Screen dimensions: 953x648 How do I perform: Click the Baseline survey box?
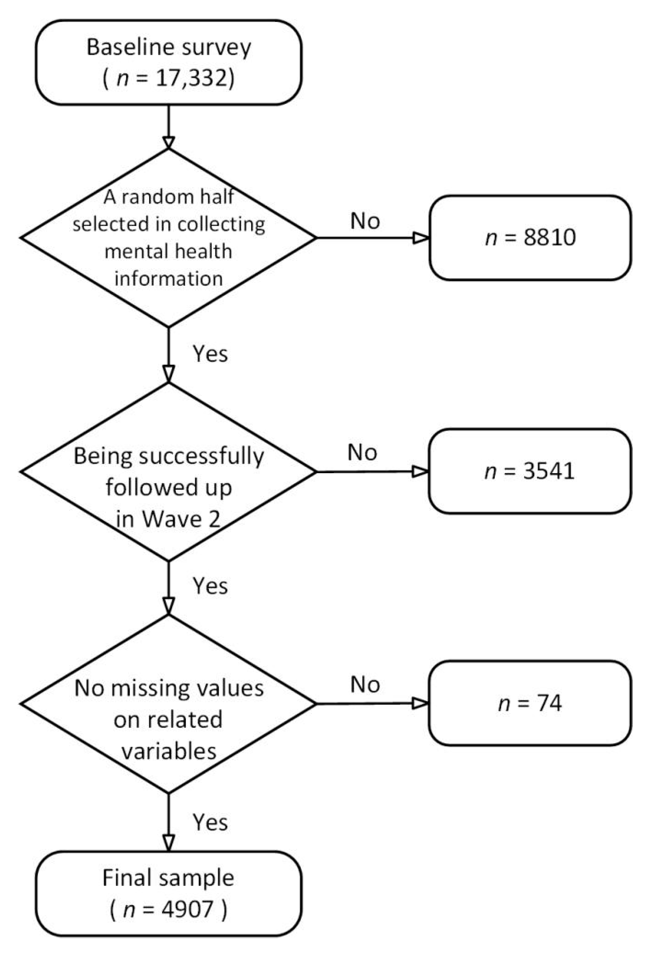pos(168,62)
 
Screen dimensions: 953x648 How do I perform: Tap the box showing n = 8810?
pos(530,238)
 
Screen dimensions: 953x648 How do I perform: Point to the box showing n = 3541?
pos(530,471)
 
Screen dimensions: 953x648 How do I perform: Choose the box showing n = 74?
pos(530,704)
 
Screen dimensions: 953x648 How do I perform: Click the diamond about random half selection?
pos(168,238)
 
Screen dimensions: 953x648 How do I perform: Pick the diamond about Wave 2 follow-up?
pos(168,471)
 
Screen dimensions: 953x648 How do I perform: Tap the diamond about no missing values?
pos(168,704)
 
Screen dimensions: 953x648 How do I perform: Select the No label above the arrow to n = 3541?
pos(362,453)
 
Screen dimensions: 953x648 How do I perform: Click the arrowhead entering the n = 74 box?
pos(420,704)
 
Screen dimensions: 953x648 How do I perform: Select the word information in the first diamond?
pos(168,279)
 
